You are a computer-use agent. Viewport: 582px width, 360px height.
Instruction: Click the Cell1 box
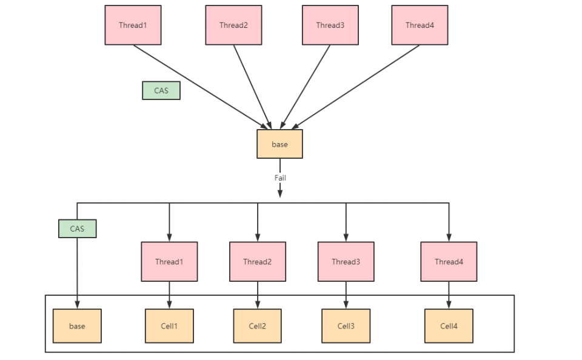(169, 326)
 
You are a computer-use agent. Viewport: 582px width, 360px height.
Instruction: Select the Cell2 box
(257, 326)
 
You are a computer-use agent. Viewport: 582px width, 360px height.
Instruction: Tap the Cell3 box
(346, 326)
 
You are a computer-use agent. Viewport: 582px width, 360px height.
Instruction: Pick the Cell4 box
(449, 326)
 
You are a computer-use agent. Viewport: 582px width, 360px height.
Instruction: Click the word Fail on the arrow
(280, 178)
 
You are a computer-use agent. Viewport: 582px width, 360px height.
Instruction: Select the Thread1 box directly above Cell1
(169, 262)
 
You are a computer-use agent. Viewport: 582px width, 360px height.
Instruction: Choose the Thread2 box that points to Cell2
(258, 262)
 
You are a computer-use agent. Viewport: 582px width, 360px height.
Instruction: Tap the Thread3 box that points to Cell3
(346, 262)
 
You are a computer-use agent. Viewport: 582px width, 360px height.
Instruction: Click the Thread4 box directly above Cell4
(449, 262)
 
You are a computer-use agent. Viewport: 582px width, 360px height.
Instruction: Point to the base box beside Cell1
(77, 326)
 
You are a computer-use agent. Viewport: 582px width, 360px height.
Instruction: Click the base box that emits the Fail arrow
(280, 144)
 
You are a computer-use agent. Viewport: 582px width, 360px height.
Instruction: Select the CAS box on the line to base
(78, 228)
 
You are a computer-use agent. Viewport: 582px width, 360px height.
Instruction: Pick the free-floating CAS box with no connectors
(161, 90)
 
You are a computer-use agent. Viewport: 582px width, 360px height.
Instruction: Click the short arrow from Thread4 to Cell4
(449, 295)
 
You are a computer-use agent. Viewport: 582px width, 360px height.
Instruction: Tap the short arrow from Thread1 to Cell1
(169, 295)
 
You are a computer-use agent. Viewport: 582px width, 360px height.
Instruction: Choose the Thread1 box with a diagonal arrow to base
(133, 25)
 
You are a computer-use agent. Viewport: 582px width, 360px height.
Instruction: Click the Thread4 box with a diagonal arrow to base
(420, 25)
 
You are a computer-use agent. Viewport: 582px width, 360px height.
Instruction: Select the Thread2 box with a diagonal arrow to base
(234, 25)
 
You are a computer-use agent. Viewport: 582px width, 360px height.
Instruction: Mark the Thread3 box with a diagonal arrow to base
(330, 25)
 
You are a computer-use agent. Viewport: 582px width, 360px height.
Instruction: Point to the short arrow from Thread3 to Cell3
(346, 295)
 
